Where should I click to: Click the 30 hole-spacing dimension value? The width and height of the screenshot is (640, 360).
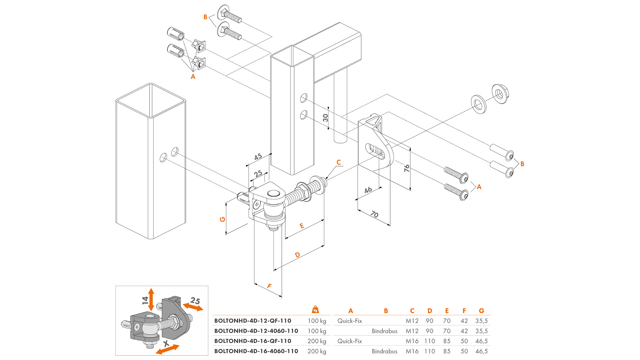point(326,118)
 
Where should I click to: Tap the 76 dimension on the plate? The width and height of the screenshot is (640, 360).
point(407,168)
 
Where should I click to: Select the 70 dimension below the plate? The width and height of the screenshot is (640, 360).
point(374,214)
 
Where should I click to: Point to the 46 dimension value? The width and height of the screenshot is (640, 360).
point(368,190)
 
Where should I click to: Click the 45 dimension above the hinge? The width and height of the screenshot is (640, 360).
point(258,157)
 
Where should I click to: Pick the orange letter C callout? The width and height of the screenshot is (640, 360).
point(339,162)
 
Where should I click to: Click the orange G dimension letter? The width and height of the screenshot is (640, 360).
point(222,219)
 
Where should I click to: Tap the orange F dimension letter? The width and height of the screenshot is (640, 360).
point(269,286)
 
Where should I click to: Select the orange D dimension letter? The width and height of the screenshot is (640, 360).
point(297,255)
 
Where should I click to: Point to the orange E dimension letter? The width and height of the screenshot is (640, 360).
point(302,226)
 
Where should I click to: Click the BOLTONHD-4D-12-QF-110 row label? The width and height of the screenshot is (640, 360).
point(253,321)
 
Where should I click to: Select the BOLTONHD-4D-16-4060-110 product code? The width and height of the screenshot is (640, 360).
point(256,351)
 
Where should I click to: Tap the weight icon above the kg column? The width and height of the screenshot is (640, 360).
point(315,309)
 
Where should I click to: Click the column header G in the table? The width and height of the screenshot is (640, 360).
point(481,311)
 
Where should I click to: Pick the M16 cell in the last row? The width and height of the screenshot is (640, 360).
point(412,351)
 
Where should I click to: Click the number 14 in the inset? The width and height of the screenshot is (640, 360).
point(145,300)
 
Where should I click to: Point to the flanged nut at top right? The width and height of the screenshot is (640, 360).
point(500,93)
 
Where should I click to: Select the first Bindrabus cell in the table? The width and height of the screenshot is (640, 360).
point(384,331)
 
